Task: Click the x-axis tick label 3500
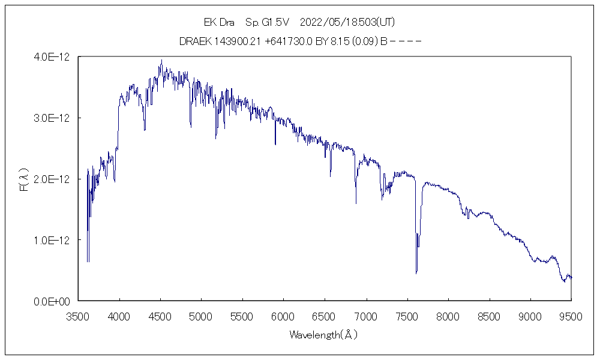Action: point(78,316)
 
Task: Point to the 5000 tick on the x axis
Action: point(201,316)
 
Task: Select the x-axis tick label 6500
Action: point(325,316)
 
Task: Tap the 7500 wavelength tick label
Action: point(407,316)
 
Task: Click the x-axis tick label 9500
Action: point(571,316)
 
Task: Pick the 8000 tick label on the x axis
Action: point(448,316)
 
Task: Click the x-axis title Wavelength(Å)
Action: point(323,335)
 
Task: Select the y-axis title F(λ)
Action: point(25,179)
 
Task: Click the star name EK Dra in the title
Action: point(219,22)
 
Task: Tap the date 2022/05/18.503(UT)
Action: point(346,22)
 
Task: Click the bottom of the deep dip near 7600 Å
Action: point(416,273)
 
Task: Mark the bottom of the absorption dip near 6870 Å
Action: point(356,203)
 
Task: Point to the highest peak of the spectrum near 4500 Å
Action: point(161,60)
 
